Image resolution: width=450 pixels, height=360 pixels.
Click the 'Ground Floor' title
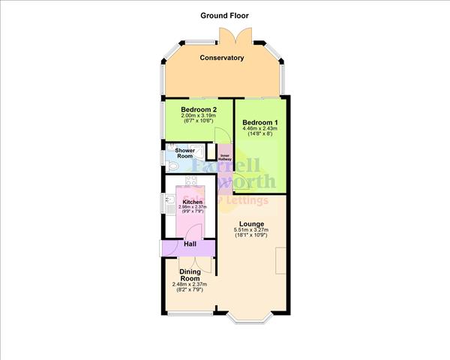(224, 15)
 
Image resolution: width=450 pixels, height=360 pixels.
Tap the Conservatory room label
(221, 58)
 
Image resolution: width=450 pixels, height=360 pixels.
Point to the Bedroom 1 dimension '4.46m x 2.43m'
(259, 128)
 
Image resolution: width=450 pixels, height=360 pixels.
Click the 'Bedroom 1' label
(259, 121)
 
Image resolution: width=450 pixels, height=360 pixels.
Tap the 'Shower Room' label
(185, 154)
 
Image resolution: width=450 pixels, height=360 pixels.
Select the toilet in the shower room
(173, 166)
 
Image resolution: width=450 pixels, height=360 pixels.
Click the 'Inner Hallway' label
(225, 157)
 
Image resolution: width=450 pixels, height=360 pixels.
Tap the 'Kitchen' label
(193, 202)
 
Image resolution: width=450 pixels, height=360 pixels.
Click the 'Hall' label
(190, 244)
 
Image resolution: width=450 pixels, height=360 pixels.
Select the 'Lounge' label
(251, 223)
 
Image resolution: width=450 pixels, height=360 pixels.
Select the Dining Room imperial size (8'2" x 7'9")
(189, 289)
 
